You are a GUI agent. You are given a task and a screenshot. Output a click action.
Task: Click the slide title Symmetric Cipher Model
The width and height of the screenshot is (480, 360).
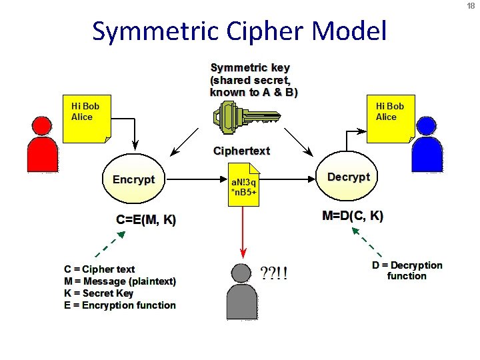click(239, 31)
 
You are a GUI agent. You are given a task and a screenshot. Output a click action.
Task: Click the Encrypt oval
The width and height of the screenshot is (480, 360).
click(133, 179)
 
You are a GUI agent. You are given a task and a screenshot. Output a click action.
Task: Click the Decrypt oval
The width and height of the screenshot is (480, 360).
click(348, 177)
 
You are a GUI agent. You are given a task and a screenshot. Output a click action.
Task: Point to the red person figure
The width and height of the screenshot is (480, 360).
click(42, 145)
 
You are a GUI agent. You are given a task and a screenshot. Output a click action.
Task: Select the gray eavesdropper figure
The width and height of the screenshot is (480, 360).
click(241, 285)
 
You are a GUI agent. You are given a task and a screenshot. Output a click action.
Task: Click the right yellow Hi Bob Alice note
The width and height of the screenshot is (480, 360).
click(391, 119)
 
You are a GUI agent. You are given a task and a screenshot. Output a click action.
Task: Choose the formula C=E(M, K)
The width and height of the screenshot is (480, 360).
click(146, 220)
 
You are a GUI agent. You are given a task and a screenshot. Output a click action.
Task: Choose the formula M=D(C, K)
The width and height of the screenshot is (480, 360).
click(353, 215)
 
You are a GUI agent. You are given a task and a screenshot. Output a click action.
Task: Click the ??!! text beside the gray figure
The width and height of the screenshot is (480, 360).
click(274, 273)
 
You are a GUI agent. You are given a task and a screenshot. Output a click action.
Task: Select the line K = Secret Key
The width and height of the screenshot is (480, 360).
click(99, 293)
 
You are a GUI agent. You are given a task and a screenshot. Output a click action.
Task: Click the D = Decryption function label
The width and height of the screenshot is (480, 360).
click(407, 270)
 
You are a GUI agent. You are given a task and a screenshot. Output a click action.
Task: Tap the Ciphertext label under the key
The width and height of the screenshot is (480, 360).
click(241, 151)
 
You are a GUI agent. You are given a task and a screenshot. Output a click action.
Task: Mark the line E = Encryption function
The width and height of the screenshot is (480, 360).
click(120, 305)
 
